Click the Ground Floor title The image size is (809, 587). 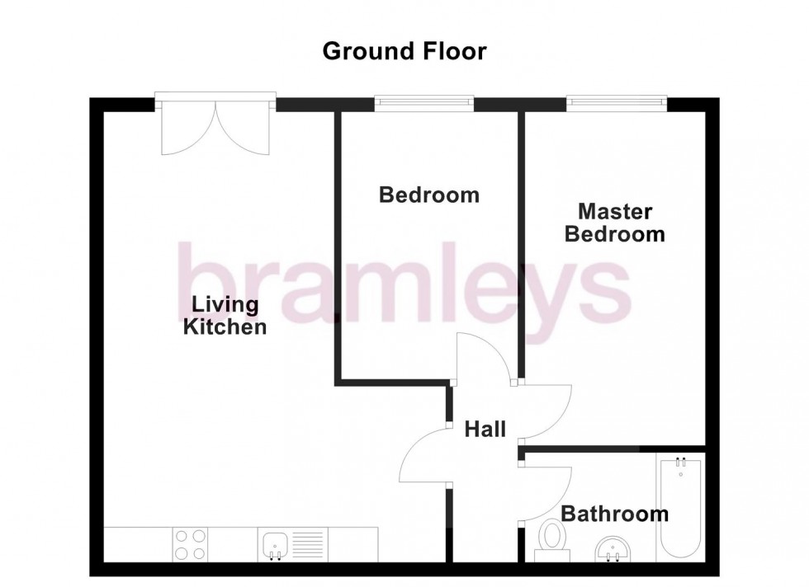[x=404, y=51]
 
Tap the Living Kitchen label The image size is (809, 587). [x=224, y=316]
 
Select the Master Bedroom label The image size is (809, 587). [x=614, y=223]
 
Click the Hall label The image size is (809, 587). [x=485, y=429]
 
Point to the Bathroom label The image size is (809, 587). [x=614, y=514]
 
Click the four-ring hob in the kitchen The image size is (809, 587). [x=191, y=545]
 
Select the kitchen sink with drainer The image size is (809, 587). [x=293, y=545]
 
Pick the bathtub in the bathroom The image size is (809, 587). [x=680, y=510]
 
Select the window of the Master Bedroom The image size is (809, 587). [x=616, y=102]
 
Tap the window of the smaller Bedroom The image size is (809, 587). [x=424, y=102]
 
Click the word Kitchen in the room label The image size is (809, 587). [x=225, y=327]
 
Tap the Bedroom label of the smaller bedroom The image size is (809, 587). [x=428, y=195]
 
